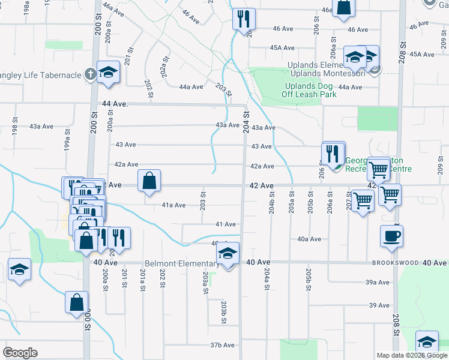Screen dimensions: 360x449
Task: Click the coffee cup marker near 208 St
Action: click(391, 236)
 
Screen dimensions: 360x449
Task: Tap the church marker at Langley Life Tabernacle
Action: click(90, 74)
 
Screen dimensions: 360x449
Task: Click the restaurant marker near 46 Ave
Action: click(244, 19)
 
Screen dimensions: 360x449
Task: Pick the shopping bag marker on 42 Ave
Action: click(149, 181)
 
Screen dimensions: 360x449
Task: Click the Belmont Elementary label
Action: click(181, 264)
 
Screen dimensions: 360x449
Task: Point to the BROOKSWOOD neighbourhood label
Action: click(394, 263)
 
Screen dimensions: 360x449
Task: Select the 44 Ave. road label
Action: click(116, 104)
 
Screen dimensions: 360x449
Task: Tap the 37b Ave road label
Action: click(221, 345)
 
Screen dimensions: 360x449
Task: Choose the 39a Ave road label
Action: click(378, 282)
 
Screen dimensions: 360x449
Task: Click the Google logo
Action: click(20, 353)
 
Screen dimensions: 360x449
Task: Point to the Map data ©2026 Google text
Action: click(411, 355)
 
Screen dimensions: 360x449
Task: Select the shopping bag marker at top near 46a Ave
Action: click(345, 8)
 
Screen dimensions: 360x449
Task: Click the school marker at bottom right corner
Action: click(427, 343)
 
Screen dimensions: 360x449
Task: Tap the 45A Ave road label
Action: click(282, 47)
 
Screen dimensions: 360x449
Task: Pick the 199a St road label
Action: click(68, 144)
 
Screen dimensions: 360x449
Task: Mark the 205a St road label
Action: click(291, 202)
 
